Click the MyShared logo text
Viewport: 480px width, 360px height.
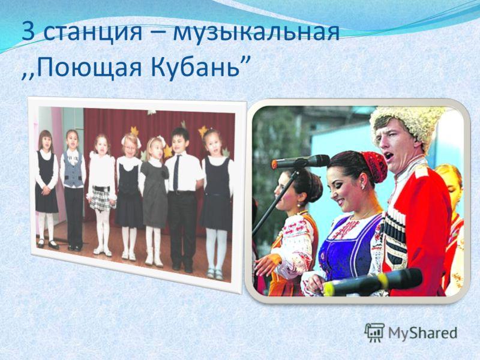pos(423,333)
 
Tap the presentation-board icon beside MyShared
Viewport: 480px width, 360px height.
pos(374,332)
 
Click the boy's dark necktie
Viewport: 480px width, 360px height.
pos(176,173)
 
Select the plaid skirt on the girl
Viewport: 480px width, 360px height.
pos(101,199)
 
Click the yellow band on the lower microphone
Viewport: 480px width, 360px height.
pos(382,280)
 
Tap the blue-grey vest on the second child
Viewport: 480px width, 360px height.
pos(73,172)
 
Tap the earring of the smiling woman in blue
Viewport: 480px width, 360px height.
pos(363,187)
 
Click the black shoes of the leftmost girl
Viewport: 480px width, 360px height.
pos(47,244)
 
